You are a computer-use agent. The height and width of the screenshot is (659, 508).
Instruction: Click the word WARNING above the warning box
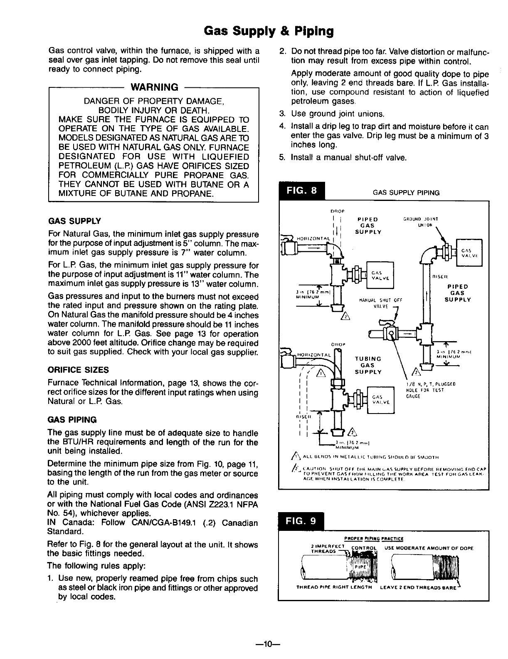(x=154, y=87)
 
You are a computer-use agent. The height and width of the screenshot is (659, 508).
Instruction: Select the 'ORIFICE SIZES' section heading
(x=79, y=370)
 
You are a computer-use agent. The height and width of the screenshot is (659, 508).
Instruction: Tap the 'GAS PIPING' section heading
(x=72, y=419)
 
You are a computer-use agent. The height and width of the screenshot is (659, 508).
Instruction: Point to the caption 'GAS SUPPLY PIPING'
(x=406, y=193)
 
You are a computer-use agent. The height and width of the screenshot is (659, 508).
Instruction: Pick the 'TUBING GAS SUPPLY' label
(x=368, y=365)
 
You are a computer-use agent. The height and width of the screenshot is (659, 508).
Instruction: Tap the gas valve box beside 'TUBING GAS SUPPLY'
(x=380, y=400)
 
